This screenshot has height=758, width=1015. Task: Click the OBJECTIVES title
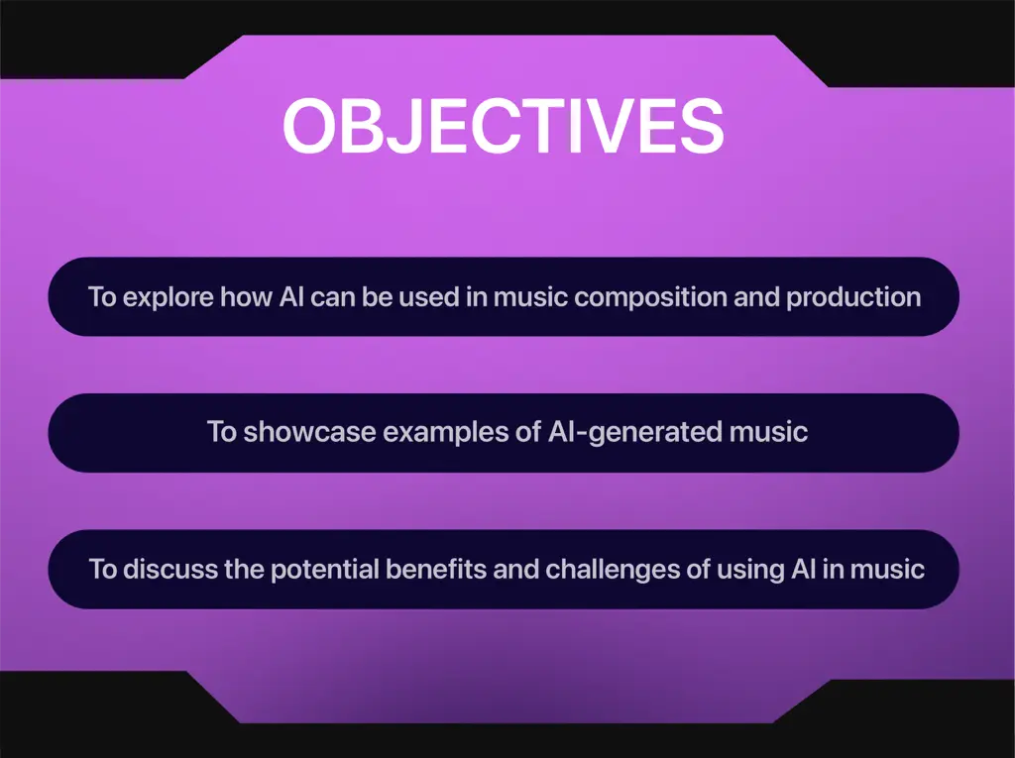click(x=503, y=126)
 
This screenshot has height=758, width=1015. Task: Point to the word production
click(x=853, y=297)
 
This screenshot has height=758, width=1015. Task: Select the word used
click(x=428, y=297)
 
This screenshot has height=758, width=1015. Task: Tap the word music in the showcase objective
click(x=768, y=432)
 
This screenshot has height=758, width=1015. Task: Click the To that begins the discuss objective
click(x=103, y=570)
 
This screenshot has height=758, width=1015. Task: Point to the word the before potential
click(x=244, y=570)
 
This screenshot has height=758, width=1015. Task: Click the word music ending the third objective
click(x=887, y=570)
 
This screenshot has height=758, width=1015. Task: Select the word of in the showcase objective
click(x=528, y=432)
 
